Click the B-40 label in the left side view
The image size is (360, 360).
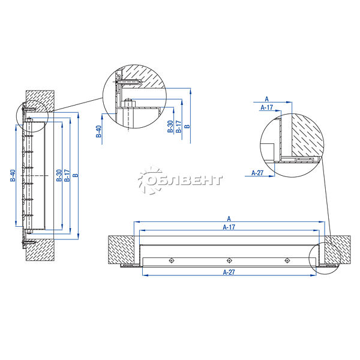click(x=13, y=175)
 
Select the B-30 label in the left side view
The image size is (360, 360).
click(x=59, y=175)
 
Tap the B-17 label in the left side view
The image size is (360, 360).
click(x=67, y=175)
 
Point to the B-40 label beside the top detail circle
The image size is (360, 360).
click(x=99, y=131)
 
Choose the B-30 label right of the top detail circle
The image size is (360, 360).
click(x=170, y=127)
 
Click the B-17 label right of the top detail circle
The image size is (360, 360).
click(x=179, y=127)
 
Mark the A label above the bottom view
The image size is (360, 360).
click(x=229, y=218)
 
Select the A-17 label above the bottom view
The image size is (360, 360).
click(x=229, y=227)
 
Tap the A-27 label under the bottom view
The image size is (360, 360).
click(x=229, y=272)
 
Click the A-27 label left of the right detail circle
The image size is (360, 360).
click(x=257, y=173)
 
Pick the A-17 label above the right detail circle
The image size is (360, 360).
click(x=267, y=107)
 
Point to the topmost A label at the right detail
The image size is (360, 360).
click(x=266, y=99)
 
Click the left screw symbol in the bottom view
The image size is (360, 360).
click(x=172, y=260)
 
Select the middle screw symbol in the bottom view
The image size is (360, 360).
click(x=229, y=260)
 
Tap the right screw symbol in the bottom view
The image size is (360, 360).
click(x=287, y=260)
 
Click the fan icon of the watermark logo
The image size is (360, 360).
click(x=150, y=180)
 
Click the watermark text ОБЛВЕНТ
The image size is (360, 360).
click(x=184, y=181)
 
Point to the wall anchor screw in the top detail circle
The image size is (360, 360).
click(x=129, y=82)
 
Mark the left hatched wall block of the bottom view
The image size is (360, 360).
click(x=121, y=250)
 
